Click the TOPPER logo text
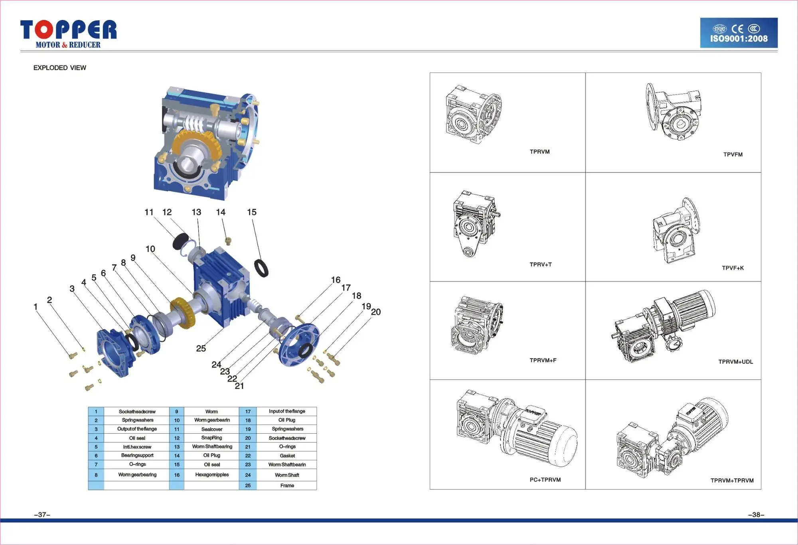click(68, 30)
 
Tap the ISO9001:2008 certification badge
click(739, 33)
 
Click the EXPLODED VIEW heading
click(59, 68)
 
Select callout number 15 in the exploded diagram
click(251, 212)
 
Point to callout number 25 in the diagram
click(201, 348)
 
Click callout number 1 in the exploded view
click(36, 307)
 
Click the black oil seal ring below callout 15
click(261, 268)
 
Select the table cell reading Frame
click(287, 486)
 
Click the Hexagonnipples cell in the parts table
click(212, 475)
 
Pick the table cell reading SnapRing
click(211, 438)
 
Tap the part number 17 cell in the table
click(248, 411)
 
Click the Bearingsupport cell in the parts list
click(137, 455)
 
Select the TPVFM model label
click(733, 154)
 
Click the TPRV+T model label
click(540, 265)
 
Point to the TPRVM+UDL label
click(735, 362)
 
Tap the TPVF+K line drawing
click(676, 231)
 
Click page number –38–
click(756, 515)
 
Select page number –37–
click(42, 515)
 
